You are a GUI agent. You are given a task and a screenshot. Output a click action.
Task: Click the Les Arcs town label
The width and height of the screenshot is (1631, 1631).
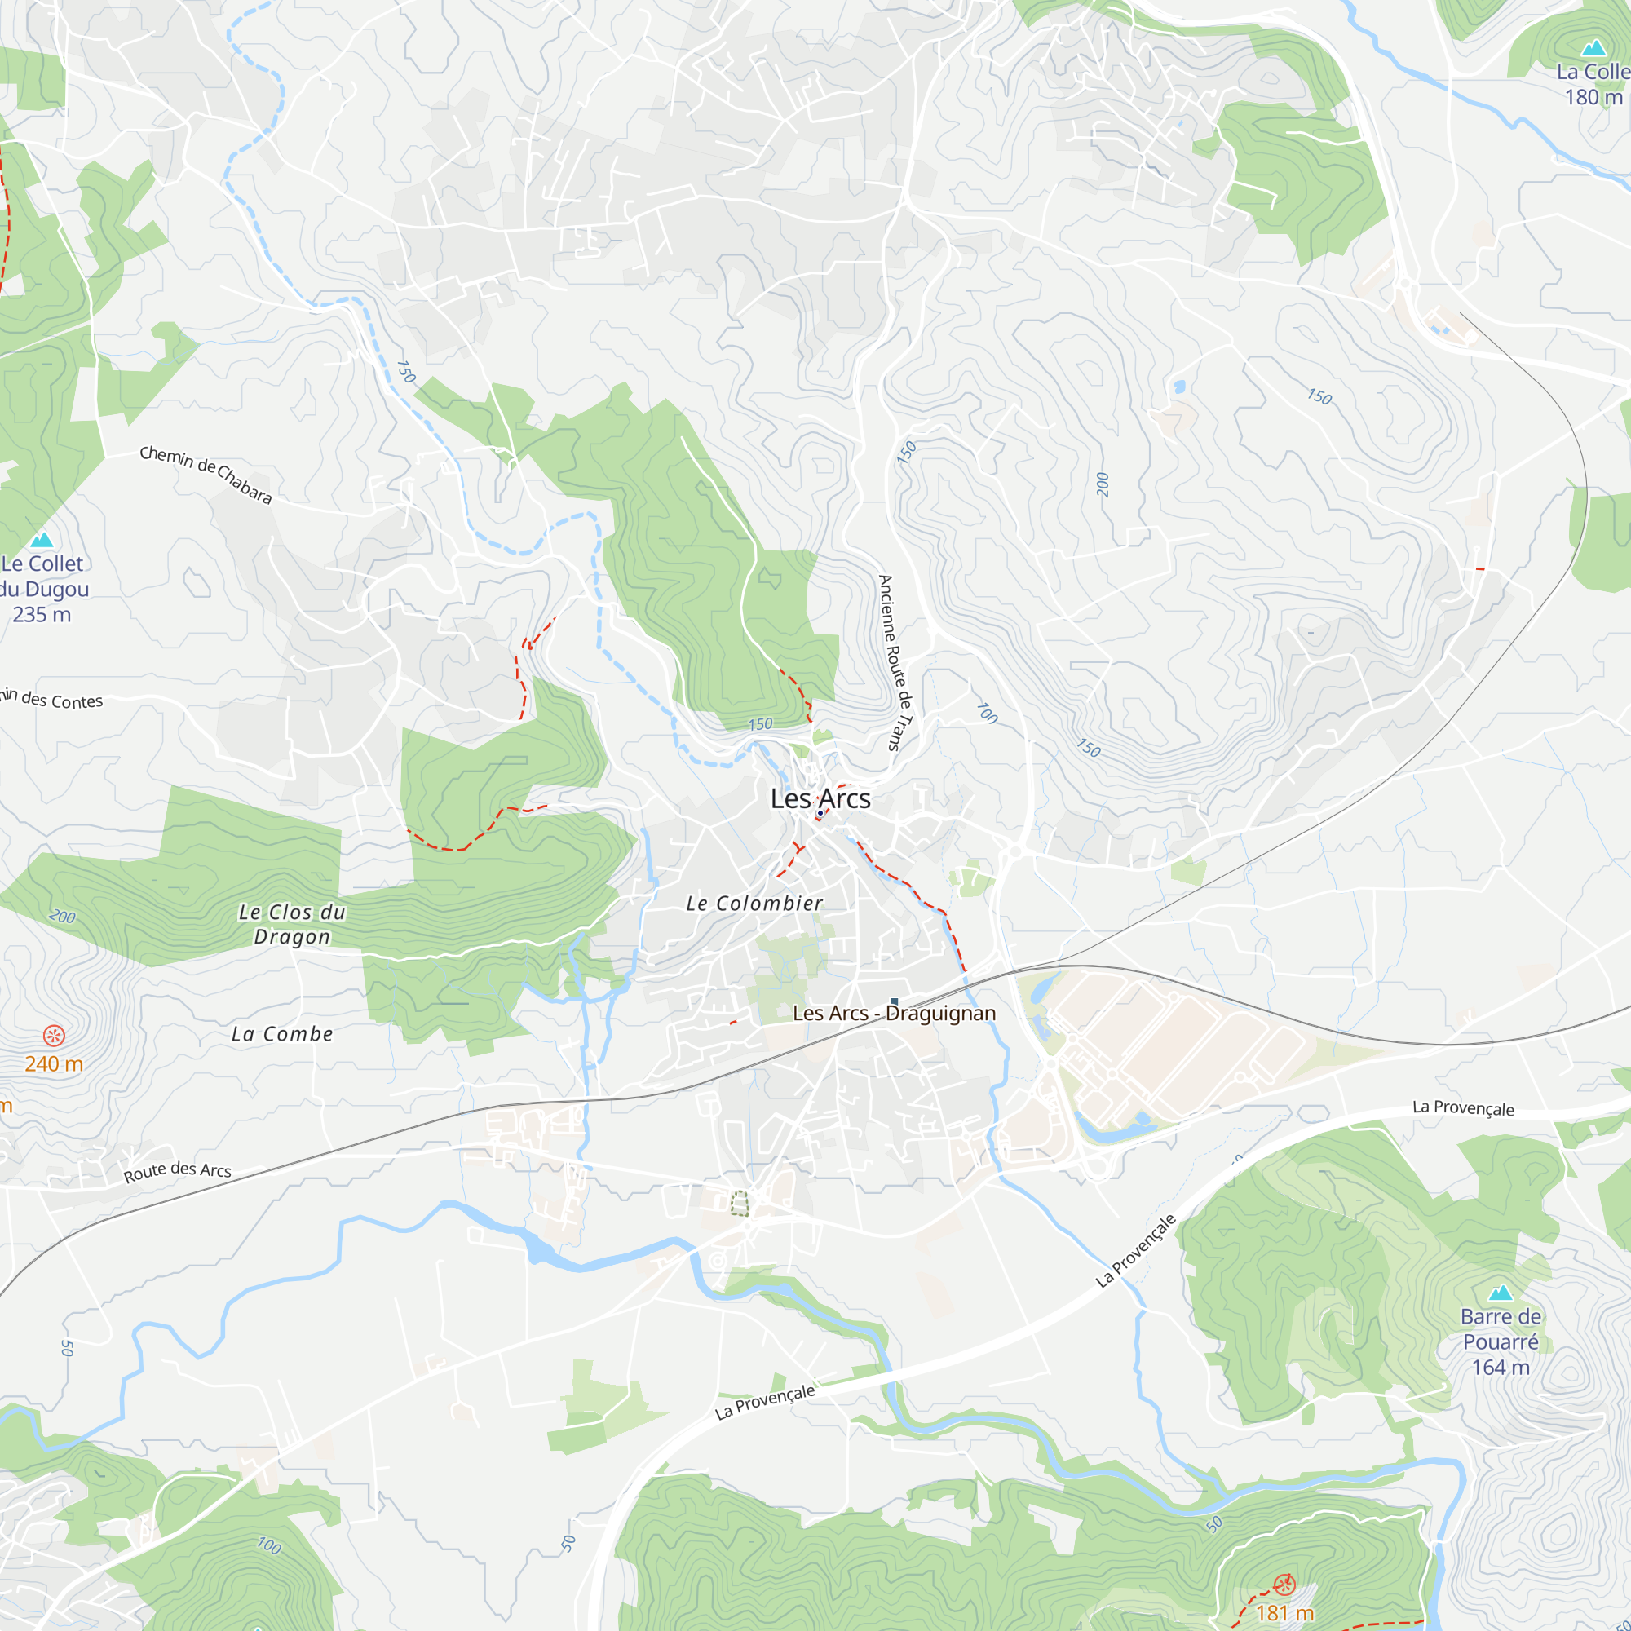[820, 798]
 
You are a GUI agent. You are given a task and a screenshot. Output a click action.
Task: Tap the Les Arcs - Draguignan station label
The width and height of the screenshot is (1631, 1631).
[894, 1013]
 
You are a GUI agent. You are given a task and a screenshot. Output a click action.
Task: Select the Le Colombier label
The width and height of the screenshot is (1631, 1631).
[754, 904]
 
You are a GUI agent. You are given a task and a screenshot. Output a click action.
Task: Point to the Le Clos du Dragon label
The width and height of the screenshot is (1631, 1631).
[292, 924]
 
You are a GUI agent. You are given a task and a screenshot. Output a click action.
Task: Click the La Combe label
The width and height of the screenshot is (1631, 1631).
[282, 1034]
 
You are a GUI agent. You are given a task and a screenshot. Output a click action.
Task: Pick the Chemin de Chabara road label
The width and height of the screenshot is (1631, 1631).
[206, 475]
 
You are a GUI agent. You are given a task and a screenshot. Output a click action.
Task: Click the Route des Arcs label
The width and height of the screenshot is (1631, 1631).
[177, 1171]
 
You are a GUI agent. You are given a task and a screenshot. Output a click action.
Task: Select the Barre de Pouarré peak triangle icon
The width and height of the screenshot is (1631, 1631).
[1501, 1293]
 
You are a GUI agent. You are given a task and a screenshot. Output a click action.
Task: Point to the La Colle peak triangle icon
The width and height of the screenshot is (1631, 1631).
[1593, 47]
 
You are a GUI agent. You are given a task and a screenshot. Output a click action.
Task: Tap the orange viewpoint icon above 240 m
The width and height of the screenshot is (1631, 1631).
[54, 1036]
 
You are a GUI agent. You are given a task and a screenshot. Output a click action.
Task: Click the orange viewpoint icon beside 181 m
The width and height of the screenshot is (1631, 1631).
[1284, 1584]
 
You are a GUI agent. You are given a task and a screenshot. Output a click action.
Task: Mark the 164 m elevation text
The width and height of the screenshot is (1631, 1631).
[1501, 1368]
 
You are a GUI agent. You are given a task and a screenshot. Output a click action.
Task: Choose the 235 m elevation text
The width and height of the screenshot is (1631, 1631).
[42, 615]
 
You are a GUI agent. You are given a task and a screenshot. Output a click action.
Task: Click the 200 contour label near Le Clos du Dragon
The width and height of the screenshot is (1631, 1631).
[63, 917]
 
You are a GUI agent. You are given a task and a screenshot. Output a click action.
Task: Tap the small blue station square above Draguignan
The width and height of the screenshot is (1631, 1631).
[894, 1001]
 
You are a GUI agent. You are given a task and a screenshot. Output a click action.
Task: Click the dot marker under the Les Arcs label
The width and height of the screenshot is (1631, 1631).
[820, 813]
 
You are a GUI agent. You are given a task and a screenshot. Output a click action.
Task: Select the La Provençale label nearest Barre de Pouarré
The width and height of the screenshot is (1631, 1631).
[1135, 1250]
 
